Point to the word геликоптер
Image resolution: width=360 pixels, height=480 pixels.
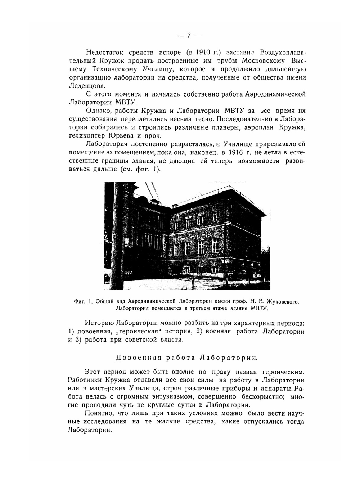86,136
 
